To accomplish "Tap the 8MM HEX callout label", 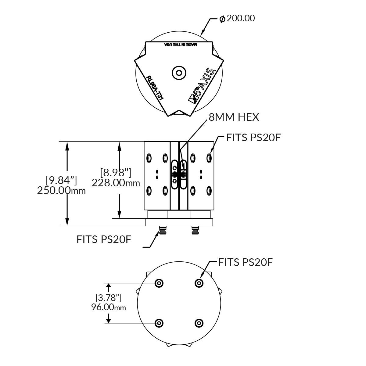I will click(234, 117).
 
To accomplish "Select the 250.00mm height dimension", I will click(61, 191).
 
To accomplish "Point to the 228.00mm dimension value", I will click(116, 183).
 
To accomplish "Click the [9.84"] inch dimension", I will click(61, 180).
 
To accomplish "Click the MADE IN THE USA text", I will click(181, 45).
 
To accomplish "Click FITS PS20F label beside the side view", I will click(253, 138).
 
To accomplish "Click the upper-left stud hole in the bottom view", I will click(159, 283).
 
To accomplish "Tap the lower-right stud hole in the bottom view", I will click(199, 323).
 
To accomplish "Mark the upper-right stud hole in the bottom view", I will click(199, 283).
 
